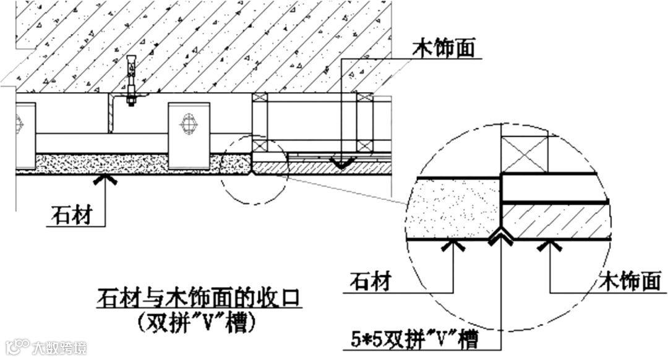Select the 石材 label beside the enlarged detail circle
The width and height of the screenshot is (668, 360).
[x=369, y=282]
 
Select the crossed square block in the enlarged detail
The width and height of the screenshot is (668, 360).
[x=524, y=154]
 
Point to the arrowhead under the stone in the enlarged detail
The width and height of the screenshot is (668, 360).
[x=453, y=246]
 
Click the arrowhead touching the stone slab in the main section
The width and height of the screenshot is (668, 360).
[x=106, y=179]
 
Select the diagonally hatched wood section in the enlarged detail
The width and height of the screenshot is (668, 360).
[x=554, y=221]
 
